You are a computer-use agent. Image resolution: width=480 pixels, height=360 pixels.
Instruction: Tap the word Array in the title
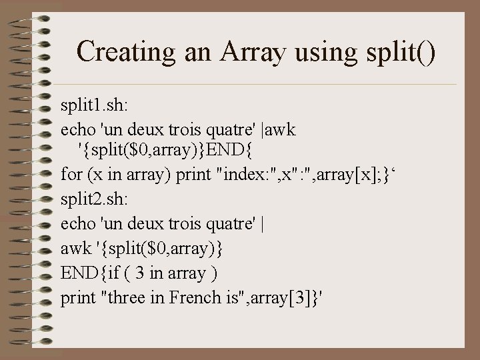pos(247,51)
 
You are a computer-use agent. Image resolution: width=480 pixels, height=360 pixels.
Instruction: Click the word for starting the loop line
pos(71,176)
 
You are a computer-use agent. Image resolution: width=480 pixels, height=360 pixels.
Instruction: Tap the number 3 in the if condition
pos(140,273)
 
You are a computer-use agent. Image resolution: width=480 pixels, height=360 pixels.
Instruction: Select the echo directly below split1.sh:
pos(76,129)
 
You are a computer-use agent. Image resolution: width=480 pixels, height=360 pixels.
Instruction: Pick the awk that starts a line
pos(76,249)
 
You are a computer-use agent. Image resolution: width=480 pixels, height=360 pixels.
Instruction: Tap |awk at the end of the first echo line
pos(281,129)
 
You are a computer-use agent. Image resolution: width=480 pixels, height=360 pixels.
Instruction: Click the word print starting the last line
pos(77,297)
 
